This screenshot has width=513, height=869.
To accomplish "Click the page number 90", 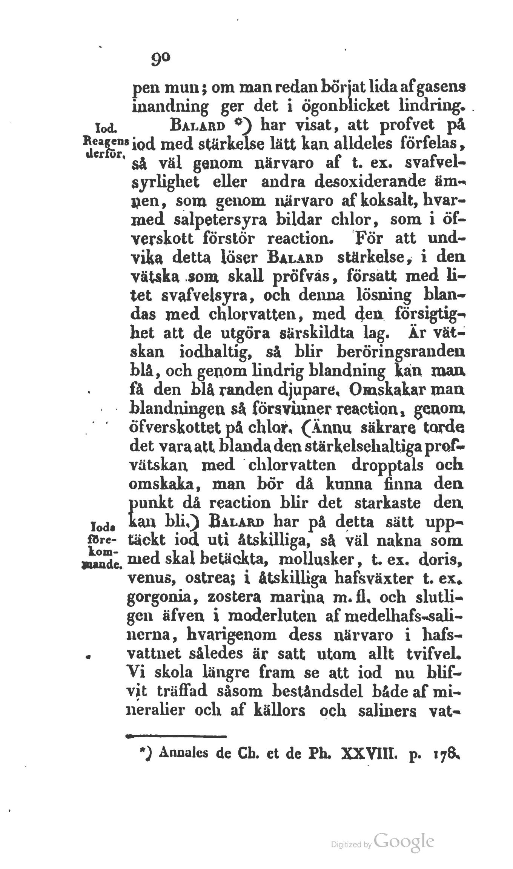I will click(x=161, y=59).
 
